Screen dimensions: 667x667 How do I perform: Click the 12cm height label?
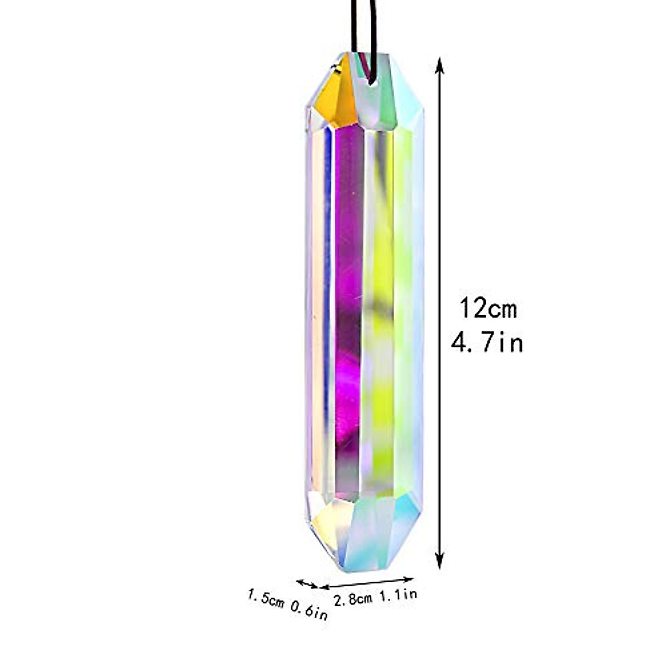click(x=487, y=308)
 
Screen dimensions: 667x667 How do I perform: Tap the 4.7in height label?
click(x=487, y=344)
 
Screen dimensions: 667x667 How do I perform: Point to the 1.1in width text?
click(x=398, y=595)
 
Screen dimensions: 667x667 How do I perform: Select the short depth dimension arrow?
click(x=307, y=583)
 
